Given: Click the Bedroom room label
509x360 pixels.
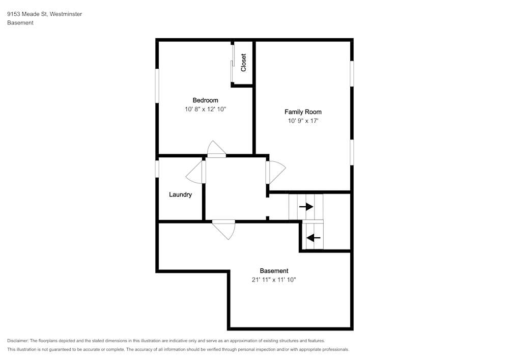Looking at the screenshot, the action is [205, 100].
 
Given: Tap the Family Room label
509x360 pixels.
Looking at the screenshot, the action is [303, 112].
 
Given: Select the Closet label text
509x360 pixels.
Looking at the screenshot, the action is [243, 63].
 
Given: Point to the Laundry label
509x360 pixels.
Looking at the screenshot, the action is [180, 195].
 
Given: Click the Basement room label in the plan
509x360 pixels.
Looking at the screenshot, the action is [274, 271].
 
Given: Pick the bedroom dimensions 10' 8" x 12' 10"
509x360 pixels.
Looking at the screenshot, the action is [205, 109].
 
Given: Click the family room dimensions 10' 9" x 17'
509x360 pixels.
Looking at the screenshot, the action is [303, 121].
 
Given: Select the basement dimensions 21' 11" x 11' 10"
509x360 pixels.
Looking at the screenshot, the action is [274, 280].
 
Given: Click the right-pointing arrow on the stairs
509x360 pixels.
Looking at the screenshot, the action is [306, 207].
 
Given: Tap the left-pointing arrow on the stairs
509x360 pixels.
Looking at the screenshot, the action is [313, 238].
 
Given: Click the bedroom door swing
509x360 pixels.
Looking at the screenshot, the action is [216, 149].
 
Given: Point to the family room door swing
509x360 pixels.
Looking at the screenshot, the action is [275, 173].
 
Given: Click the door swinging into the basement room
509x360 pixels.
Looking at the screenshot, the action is [223, 230].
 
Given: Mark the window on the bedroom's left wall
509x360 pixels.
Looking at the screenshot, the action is [157, 86].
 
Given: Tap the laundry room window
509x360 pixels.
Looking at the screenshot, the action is [157, 169].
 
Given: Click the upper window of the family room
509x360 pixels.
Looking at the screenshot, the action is [352, 74].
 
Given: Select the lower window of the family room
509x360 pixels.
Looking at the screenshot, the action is [352, 152].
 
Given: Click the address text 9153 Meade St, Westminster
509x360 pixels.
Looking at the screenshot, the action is [44, 14].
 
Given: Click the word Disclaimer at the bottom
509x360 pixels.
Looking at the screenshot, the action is [17, 341].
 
